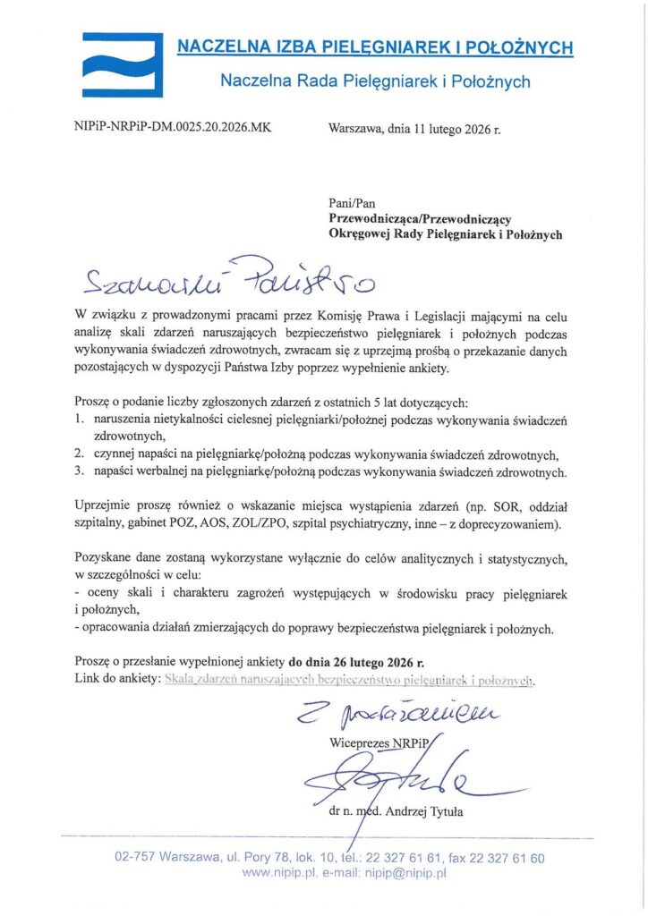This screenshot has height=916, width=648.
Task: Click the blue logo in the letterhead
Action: (x=123, y=64)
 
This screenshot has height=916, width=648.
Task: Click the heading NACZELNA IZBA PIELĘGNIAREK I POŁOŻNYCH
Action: (x=374, y=47)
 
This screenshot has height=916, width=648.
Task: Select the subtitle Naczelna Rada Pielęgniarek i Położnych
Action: (x=375, y=82)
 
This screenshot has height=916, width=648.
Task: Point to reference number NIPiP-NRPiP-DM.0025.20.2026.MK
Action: (x=172, y=127)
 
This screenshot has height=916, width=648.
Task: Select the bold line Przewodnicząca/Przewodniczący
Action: (x=420, y=218)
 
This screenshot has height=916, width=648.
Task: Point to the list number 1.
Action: (x=80, y=420)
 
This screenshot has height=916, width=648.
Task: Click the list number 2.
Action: (x=80, y=454)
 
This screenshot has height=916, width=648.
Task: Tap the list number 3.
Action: (x=80, y=471)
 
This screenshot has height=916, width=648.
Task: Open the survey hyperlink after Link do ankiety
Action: (x=349, y=680)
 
